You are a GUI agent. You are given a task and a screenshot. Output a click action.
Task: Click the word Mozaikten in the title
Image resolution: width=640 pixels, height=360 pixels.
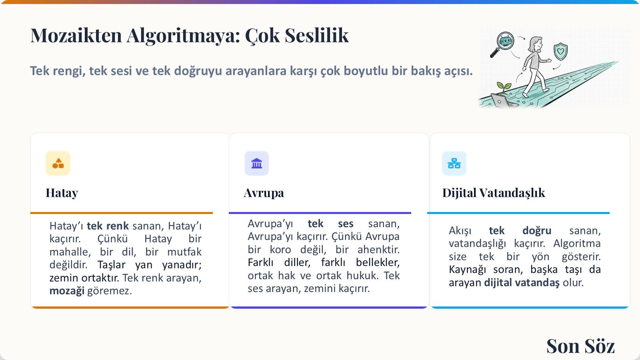76,36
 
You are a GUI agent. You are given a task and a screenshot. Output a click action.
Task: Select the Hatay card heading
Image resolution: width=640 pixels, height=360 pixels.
62,193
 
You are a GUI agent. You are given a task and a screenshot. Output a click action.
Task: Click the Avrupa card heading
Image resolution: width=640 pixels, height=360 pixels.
264,193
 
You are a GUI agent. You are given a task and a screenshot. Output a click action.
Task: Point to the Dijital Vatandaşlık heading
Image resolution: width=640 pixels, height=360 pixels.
494,193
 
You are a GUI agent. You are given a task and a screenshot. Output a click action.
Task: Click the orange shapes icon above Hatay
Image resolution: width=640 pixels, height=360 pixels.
58,163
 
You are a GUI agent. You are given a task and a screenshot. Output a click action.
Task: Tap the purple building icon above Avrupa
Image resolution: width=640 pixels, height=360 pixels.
256,163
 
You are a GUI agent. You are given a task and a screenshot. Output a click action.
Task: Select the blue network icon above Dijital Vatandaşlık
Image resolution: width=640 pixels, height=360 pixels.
454,163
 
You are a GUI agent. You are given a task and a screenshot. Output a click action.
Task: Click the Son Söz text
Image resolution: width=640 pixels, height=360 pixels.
580,346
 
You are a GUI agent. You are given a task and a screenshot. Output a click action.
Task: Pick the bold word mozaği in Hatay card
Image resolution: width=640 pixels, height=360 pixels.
67,291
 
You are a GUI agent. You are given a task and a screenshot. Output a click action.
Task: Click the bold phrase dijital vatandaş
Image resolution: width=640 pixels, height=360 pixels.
522,283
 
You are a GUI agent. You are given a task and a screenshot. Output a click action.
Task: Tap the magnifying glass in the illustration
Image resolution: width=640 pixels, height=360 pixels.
502,44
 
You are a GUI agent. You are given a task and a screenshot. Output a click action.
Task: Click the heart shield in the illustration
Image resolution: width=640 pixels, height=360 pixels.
560,52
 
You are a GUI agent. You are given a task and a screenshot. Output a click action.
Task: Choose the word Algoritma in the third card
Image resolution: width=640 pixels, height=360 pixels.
577,244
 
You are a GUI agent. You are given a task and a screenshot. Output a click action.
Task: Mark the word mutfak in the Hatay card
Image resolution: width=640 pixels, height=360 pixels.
184,252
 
